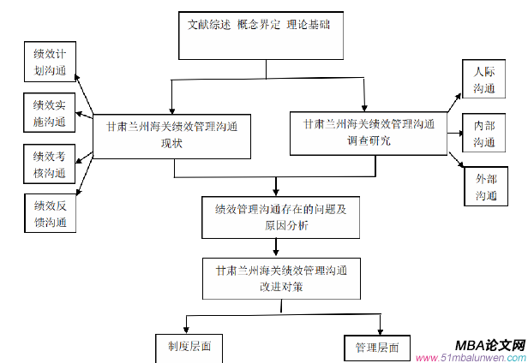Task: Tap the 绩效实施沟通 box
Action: [x=50, y=113]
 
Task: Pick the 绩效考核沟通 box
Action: [x=50, y=164]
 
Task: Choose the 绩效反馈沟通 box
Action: [x=50, y=213]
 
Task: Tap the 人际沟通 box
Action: [x=486, y=80]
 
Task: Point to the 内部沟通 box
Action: [x=486, y=134]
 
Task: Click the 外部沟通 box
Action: [x=486, y=188]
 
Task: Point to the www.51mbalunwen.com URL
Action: [x=469, y=357]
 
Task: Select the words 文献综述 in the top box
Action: [x=208, y=25]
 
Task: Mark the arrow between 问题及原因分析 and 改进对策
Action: [x=275, y=247]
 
